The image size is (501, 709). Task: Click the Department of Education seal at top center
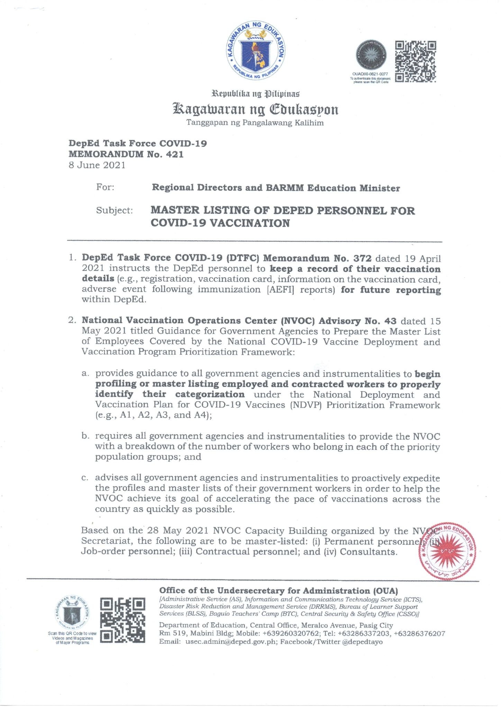[x=256, y=52]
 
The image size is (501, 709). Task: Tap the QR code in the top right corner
[x=415, y=62]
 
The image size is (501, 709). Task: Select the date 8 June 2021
[x=97, y=165]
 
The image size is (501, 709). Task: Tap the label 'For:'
[x=105, y=187]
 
